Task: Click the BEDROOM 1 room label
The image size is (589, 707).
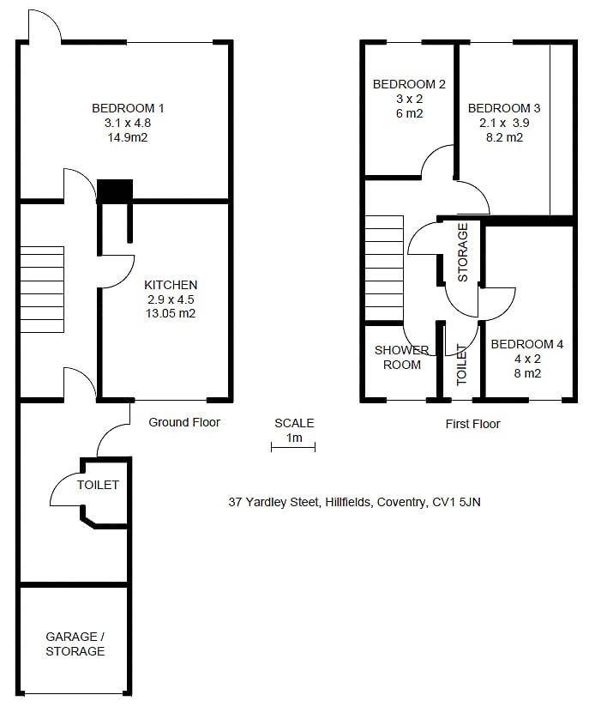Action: coord(128,108)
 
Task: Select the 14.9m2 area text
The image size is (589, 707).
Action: coord(128,137)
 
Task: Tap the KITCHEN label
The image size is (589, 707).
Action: coord(171,285)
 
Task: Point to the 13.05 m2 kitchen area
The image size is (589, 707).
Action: coord(171,314)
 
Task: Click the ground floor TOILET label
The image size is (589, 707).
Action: coord(98,485)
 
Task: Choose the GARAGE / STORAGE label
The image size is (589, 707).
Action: coord(75,644)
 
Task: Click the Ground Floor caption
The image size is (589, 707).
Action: coord(184,422)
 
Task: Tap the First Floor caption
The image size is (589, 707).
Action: coord(472,424)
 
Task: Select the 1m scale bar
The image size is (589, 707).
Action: coord(293,444)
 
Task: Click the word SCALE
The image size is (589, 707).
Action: coord(294,423)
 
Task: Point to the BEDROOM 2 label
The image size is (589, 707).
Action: coord(409,84)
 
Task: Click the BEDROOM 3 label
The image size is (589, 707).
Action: coord(503,108)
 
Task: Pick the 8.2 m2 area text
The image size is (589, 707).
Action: coord(502,137)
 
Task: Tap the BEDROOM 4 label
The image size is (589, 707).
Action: coord(526,344)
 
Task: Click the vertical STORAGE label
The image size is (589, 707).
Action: coord(463,252)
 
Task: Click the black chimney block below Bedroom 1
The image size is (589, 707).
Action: coord(115,190)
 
